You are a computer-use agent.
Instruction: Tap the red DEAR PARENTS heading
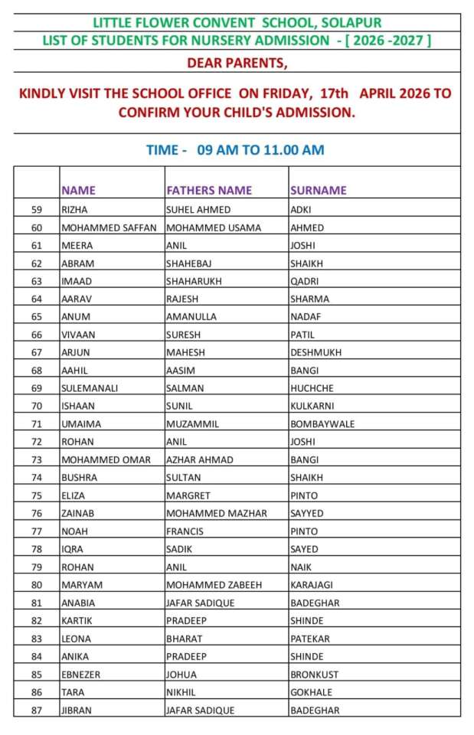click(237, 63)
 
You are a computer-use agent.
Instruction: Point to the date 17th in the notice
click(332, 93)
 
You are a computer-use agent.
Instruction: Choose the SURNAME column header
click(318, 190)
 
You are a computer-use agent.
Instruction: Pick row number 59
click(37, 209)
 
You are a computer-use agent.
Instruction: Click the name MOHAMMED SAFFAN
click(109, 227)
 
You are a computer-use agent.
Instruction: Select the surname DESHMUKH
click(315, 352)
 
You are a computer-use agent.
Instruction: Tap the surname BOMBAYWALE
click(322, 424)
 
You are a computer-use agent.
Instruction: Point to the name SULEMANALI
click(90, 388)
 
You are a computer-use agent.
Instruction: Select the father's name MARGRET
click(188, 495)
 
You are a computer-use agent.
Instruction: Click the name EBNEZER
click(80, 675)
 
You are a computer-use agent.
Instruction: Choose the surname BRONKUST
click(314, 675)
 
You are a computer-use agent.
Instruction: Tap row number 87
click(37, 710)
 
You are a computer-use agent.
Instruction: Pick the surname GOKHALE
click(311, 692)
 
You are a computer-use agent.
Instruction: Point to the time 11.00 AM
click(293, 150)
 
